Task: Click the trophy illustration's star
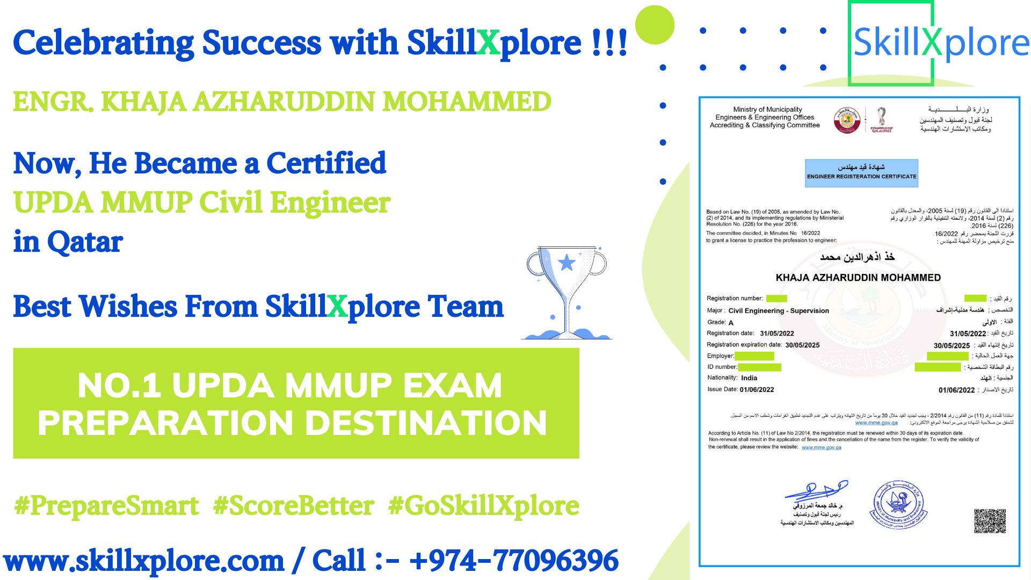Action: pos(567,263)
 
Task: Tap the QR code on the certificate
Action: pos(990,520)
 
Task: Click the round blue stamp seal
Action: pos(898,505)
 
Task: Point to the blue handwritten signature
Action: pos(816,490)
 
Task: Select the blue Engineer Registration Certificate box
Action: pos(861,173)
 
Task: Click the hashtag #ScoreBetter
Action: pos(293,506)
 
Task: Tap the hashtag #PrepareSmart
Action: pos(106,506)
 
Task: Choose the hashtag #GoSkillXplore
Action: pos(483,506)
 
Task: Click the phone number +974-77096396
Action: pos(513,561)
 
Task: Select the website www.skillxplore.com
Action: pos(144,561)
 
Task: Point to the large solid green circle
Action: pos(655,25)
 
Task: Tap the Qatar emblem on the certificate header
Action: pos(847,120)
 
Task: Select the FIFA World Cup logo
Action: pos(881,119)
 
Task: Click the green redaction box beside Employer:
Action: pos(754,356)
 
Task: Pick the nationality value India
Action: pos(749,378)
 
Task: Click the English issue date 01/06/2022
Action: pos(757,390)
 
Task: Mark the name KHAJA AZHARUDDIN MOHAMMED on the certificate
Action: pos(858,278)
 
